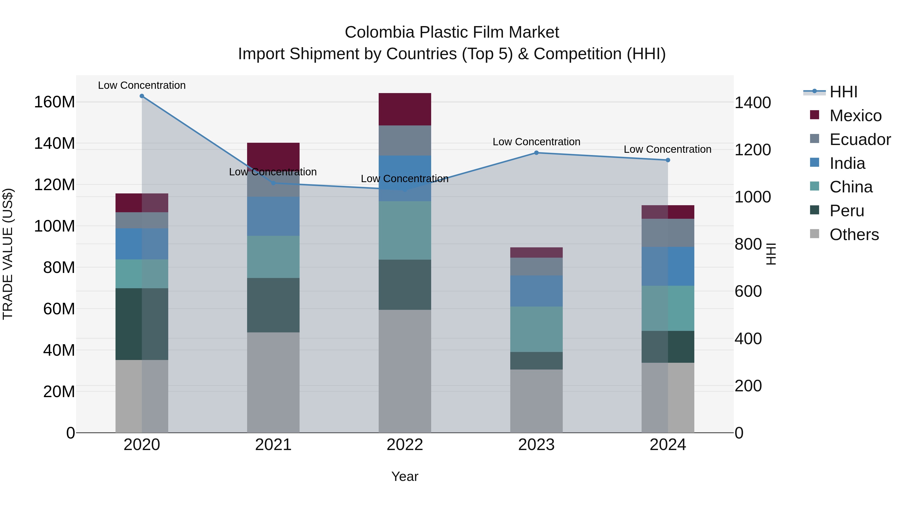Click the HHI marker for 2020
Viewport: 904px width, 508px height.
pyautogui.click(x=142, y=96)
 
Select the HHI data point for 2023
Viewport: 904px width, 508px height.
pyautogui.click(x=536, y=153)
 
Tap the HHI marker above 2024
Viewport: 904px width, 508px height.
pyautogui.click(x=668, y=160)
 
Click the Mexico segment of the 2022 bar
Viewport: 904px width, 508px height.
pyautogui.click(x=405, y=109)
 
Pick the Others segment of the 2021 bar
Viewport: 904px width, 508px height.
pyautogui.click(x=273, y=382)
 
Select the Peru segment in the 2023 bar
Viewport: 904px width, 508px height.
pyautogui.click(x=536, y=361)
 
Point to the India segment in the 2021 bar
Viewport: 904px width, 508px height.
pyautogui.click(x=273, y=216)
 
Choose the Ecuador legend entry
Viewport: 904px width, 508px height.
pyautogui.click(x=860, y=139)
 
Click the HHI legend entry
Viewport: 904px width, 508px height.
pyautogui.click(x=843, y=92)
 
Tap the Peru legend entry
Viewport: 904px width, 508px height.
pyautogui.click(x=846, y=211)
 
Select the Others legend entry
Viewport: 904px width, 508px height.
pyautogui.click(x=854, y=235)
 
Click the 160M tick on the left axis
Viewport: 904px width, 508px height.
pyautogui.click(x=54, y=102)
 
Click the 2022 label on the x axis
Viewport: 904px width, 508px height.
pyautogui.click(x=405, y=445)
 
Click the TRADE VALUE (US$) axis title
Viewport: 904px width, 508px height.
pyautogui.click(x=8, y=254)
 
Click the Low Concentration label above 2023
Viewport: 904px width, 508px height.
pyautogui.click(x=536, y=142)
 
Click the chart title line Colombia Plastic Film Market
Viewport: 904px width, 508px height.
pyautogui.click(x=452, y=32)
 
